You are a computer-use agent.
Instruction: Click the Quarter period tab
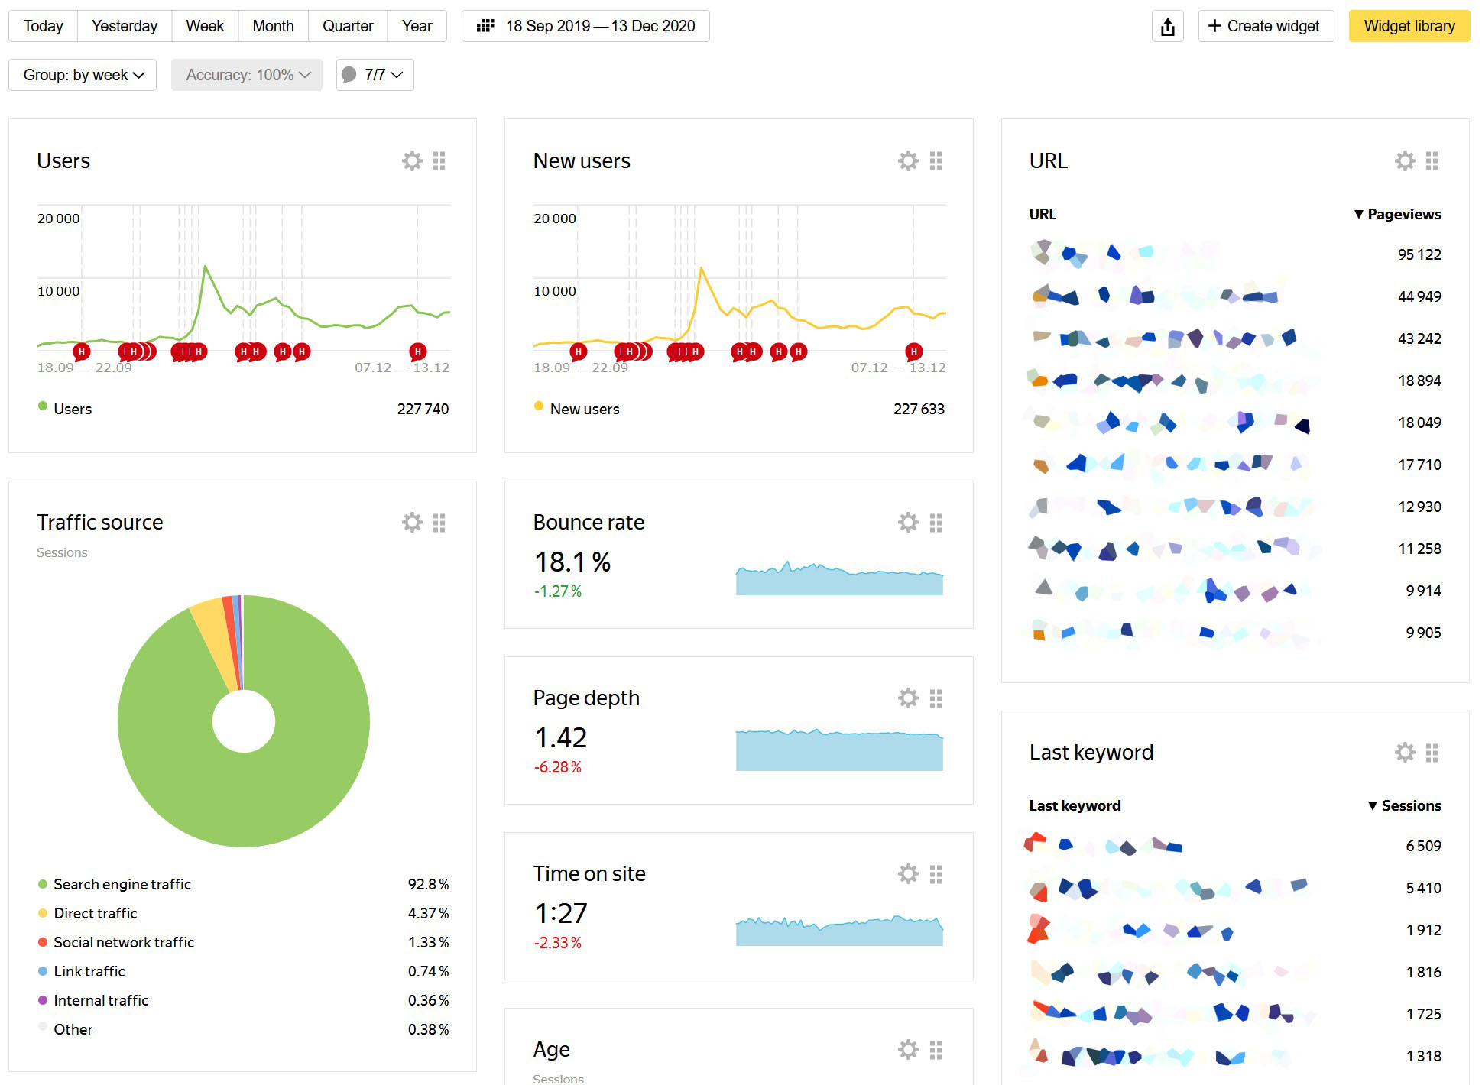point(347,26)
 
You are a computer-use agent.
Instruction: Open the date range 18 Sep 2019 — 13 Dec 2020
point(585,26)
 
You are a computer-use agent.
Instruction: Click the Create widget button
point(1265,26)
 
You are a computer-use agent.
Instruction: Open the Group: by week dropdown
point(83,75)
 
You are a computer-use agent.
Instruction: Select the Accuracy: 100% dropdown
point(247,75)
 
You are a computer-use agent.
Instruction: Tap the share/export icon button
point(1167,27)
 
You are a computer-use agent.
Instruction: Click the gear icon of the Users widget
point(412,160)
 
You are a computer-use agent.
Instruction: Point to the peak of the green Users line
point(205,266)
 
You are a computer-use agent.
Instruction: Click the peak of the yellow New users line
point(701,268)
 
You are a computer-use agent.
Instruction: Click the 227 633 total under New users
point(918,409)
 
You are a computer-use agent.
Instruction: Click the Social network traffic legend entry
point(123,942)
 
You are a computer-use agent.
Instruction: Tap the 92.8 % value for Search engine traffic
point(427,884)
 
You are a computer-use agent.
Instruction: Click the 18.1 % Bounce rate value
point(572,562)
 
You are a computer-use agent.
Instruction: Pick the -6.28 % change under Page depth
point(557,767)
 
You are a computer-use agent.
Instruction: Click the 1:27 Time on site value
point(560,913)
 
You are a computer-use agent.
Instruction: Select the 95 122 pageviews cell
point(1419,254)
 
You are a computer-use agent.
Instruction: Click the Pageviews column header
point(1403,214)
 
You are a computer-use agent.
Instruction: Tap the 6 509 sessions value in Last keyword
point(1422,846)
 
